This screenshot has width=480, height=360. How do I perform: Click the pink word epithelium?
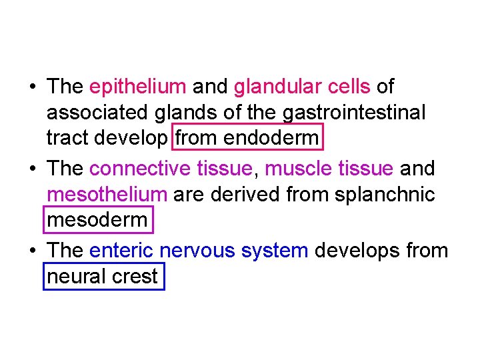tap(137, 87)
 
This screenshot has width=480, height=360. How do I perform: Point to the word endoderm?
tap(271, 140)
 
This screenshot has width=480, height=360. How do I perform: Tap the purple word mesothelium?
tap(107, 195)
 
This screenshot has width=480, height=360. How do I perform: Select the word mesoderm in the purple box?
tap(99, 221)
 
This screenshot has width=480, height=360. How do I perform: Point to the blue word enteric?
tap(121, 250)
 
